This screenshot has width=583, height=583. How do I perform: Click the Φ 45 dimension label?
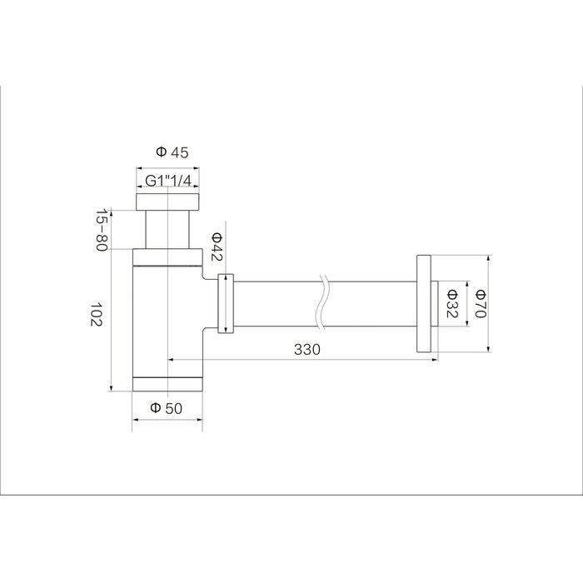point(172,152)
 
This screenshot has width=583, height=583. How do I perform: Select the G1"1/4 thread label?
point(168,181)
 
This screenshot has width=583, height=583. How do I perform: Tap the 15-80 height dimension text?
point(102,229)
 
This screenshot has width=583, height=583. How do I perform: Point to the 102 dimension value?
point(96,314)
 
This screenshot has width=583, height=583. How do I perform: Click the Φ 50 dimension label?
point(167,408)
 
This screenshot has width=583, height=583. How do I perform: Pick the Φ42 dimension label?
point(217,247)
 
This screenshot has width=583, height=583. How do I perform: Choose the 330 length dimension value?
point(307,350)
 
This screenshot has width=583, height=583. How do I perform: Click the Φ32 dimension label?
point(451,303)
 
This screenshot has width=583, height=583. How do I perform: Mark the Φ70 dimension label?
point(481,303)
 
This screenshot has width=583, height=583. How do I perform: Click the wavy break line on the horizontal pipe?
point(323,301)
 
